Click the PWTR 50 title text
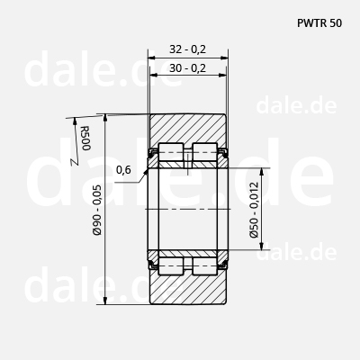pyautogui.click(x=319, y=23)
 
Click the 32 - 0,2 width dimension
pyautogui.click(x=188, y=49)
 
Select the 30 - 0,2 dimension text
pyautogui.click(x=188, y=68)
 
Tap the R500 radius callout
pyautogui.click(x=85, y=138)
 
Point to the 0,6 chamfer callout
pyautogui.click(x=123, y=170)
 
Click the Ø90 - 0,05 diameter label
pyautogui.click(x=97, y=210)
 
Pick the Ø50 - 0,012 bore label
pyautogui.click(x=254, y=210)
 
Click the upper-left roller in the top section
pyautogui.click(x=171, y=152)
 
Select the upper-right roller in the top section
pyautogui.click(x=205, y=152)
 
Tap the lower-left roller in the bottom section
pyautogui.click(x=171, y=266)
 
